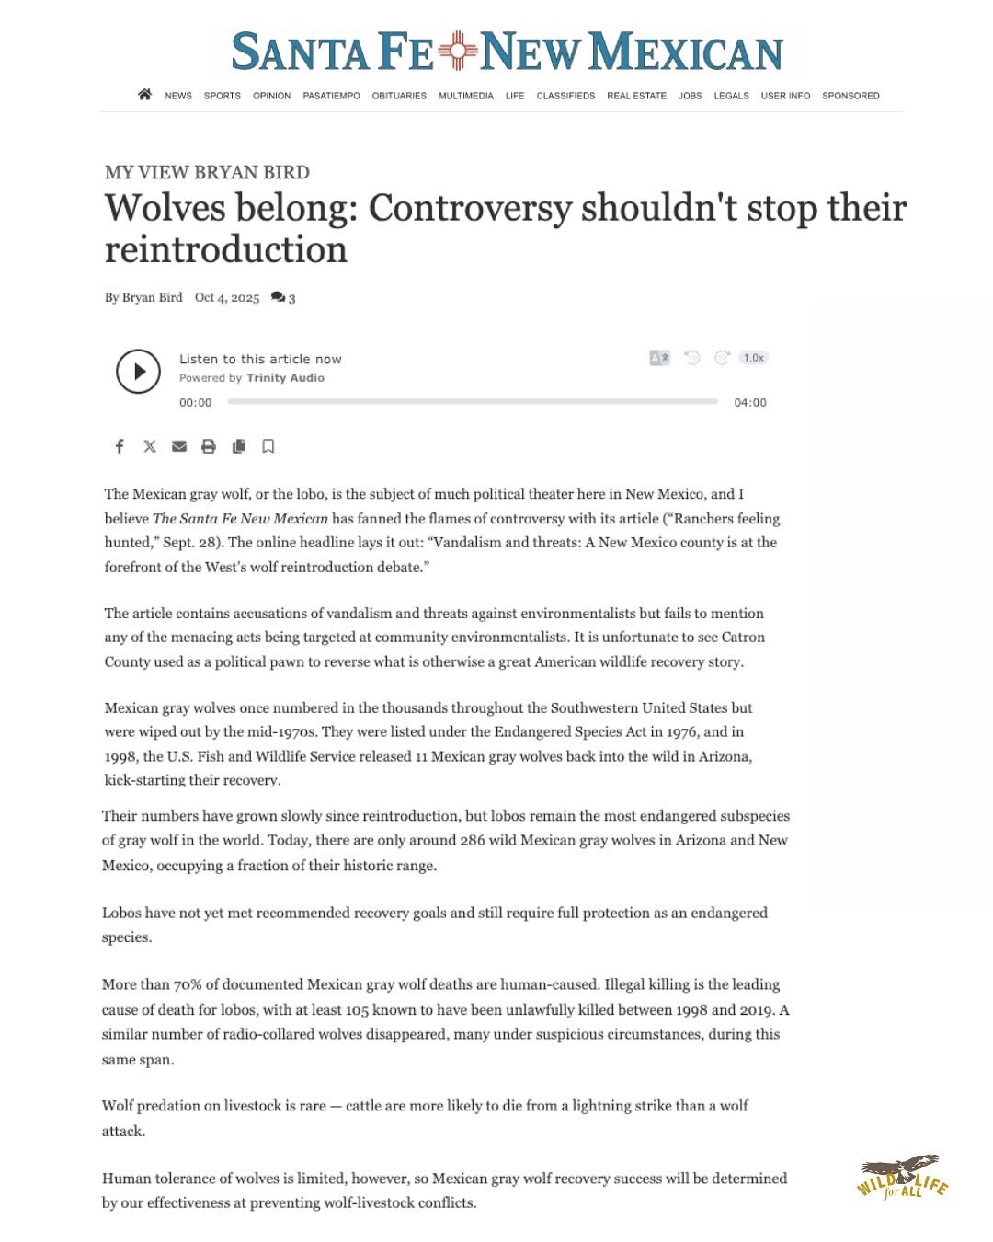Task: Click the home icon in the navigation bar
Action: (x=144, y=95)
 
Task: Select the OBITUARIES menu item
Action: (x=399, y=96)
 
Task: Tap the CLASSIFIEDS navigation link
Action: (x=565, y=96)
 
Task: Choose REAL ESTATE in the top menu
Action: (x=636, y=96)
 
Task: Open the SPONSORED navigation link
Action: (x=850, y=96)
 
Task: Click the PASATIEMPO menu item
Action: (x=331, y=96)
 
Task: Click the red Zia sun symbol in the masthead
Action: (x=457, y=51)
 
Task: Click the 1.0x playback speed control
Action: (x=754, y=358)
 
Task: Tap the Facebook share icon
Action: (x=120, y=446)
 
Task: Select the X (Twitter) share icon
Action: (x=150, y=446)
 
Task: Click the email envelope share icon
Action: (x=179, y=446)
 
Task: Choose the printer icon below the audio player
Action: (x=209, y=446)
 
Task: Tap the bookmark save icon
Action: (x=268, y=446)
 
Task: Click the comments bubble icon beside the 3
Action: (x=278, y=297)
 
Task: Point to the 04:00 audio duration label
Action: (x=750, y=403)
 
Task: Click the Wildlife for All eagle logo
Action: (x=902, y=1177)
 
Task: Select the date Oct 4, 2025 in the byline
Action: (x=227, y=297)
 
